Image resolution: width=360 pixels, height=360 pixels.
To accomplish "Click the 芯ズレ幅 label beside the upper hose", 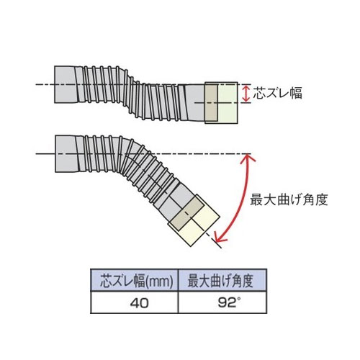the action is tap(278, 94).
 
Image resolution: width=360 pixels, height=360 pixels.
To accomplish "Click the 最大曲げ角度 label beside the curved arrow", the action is tap(289, 199).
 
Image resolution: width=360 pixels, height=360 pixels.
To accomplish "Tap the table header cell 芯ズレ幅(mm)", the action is tap(137, 281).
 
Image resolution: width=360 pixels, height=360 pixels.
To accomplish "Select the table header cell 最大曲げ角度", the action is tap(222, 281).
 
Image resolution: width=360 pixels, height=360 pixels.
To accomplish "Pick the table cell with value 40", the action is tap(135, 302).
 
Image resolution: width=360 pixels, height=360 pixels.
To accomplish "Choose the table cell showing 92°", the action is tap(222, 302).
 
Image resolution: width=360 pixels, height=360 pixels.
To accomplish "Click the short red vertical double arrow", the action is tap(246, 94).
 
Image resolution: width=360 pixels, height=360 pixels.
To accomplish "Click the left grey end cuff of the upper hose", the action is tap(66, 84).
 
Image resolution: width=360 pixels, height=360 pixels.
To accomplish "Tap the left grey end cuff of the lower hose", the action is tap(66, 154).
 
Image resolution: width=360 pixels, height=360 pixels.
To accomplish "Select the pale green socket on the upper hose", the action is tap(228, 103).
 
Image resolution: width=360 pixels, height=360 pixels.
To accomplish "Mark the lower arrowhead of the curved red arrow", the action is tap(218, 237).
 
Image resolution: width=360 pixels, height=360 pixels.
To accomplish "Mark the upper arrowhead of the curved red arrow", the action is tap(250, 158).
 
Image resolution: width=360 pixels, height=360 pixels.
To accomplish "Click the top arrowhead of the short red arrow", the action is tap(246, 89).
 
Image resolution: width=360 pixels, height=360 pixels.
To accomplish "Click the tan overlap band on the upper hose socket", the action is tap(211, 103).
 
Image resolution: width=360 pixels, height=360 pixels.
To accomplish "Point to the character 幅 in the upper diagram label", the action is tap(296, 94).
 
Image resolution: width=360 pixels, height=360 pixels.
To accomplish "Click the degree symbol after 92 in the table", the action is tap(238, 300).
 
